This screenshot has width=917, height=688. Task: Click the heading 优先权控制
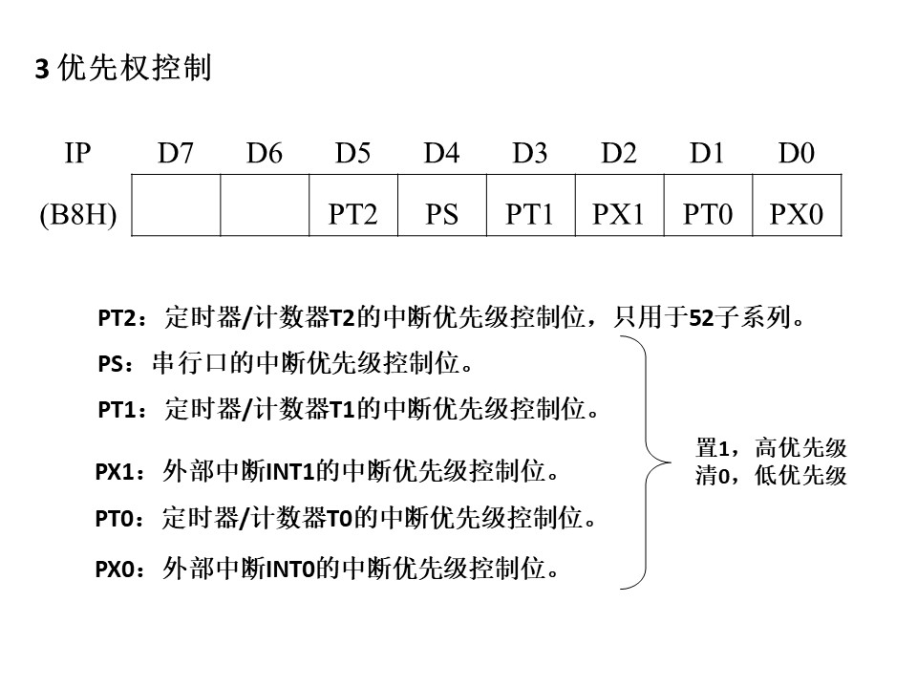[135, 68]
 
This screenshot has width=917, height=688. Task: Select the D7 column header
[176, 153]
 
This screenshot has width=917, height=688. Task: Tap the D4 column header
[441, 153]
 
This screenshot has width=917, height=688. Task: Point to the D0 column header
[796, 153]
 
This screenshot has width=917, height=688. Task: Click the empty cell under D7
[176, 205]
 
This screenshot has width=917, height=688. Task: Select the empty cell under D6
[265, 205]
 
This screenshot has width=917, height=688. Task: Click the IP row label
[77, 153]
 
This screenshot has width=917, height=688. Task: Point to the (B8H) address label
[77, 214]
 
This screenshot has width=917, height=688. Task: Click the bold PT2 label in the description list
[117, 318]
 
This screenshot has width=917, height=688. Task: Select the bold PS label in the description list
[111, 364]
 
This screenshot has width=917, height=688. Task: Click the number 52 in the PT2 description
[701, 318]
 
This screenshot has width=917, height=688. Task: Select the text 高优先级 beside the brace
[800, 448]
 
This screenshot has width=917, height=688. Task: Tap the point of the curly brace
[670, 462]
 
